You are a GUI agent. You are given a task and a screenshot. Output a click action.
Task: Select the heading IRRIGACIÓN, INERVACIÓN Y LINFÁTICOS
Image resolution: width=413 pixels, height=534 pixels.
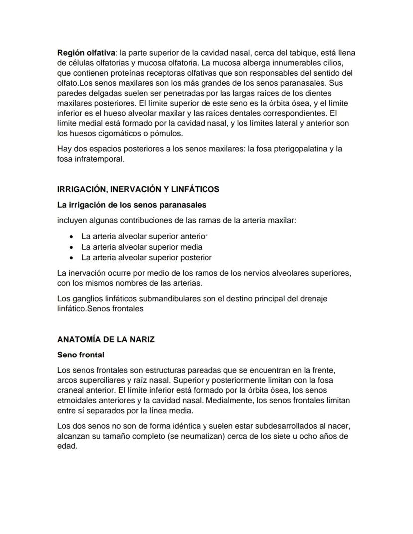point(138,189)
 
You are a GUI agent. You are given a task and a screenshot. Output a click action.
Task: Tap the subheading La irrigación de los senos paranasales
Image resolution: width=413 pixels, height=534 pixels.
point(132,205)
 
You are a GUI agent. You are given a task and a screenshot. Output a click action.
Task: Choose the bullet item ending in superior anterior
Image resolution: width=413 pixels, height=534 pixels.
point(144,236)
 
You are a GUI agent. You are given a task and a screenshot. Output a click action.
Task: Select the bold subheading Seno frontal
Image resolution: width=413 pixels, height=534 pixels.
point(81,356)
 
